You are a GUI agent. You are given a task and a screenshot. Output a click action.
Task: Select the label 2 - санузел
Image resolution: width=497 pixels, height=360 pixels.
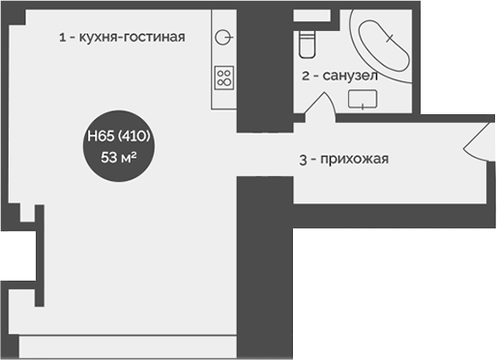pyautogui.click(x=338, y=75)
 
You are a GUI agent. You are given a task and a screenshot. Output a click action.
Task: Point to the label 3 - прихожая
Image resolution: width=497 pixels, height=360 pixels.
pyautogui.click(x=343, y=160)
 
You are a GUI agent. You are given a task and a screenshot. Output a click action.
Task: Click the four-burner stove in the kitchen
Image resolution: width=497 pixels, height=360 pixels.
pyautogui.click(x=224, y=76)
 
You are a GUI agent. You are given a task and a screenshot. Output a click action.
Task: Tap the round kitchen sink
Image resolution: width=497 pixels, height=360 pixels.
pyautogui.click(x=224, y=38)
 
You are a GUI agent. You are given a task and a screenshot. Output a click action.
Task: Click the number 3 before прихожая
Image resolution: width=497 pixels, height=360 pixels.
pyautogui.click(x=303, y=160)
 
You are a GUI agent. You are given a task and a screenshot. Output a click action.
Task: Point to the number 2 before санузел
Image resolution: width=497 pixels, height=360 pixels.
pyautogui.click(x=306, y=75)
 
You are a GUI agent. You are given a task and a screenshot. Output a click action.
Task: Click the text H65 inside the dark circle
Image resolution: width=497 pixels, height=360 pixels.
pyautogui.click(x=98, y=136)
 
